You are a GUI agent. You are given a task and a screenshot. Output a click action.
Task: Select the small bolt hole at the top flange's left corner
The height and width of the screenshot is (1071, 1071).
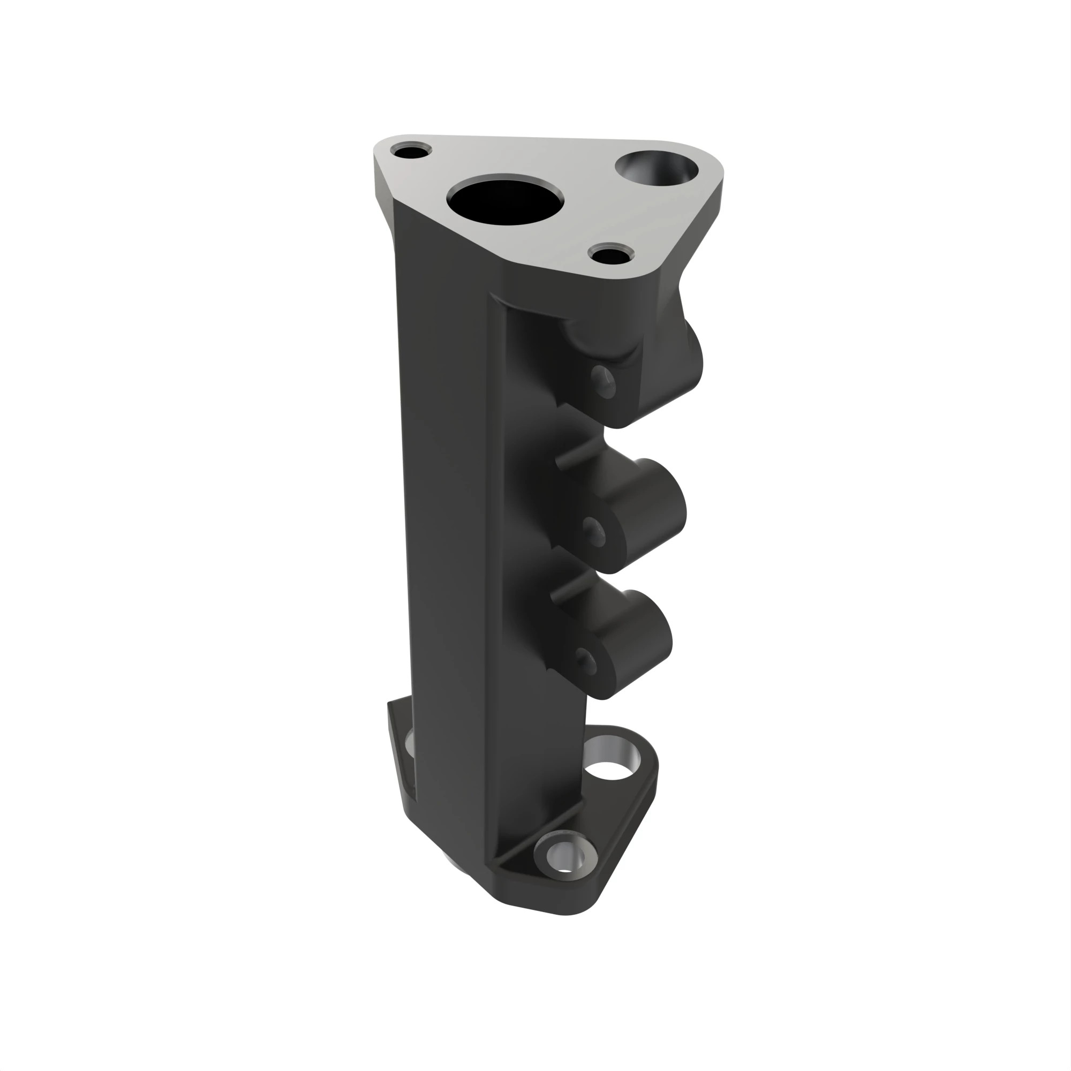pos(410,151)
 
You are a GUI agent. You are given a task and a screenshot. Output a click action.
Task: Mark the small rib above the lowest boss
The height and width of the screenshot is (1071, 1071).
pos(565,589)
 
